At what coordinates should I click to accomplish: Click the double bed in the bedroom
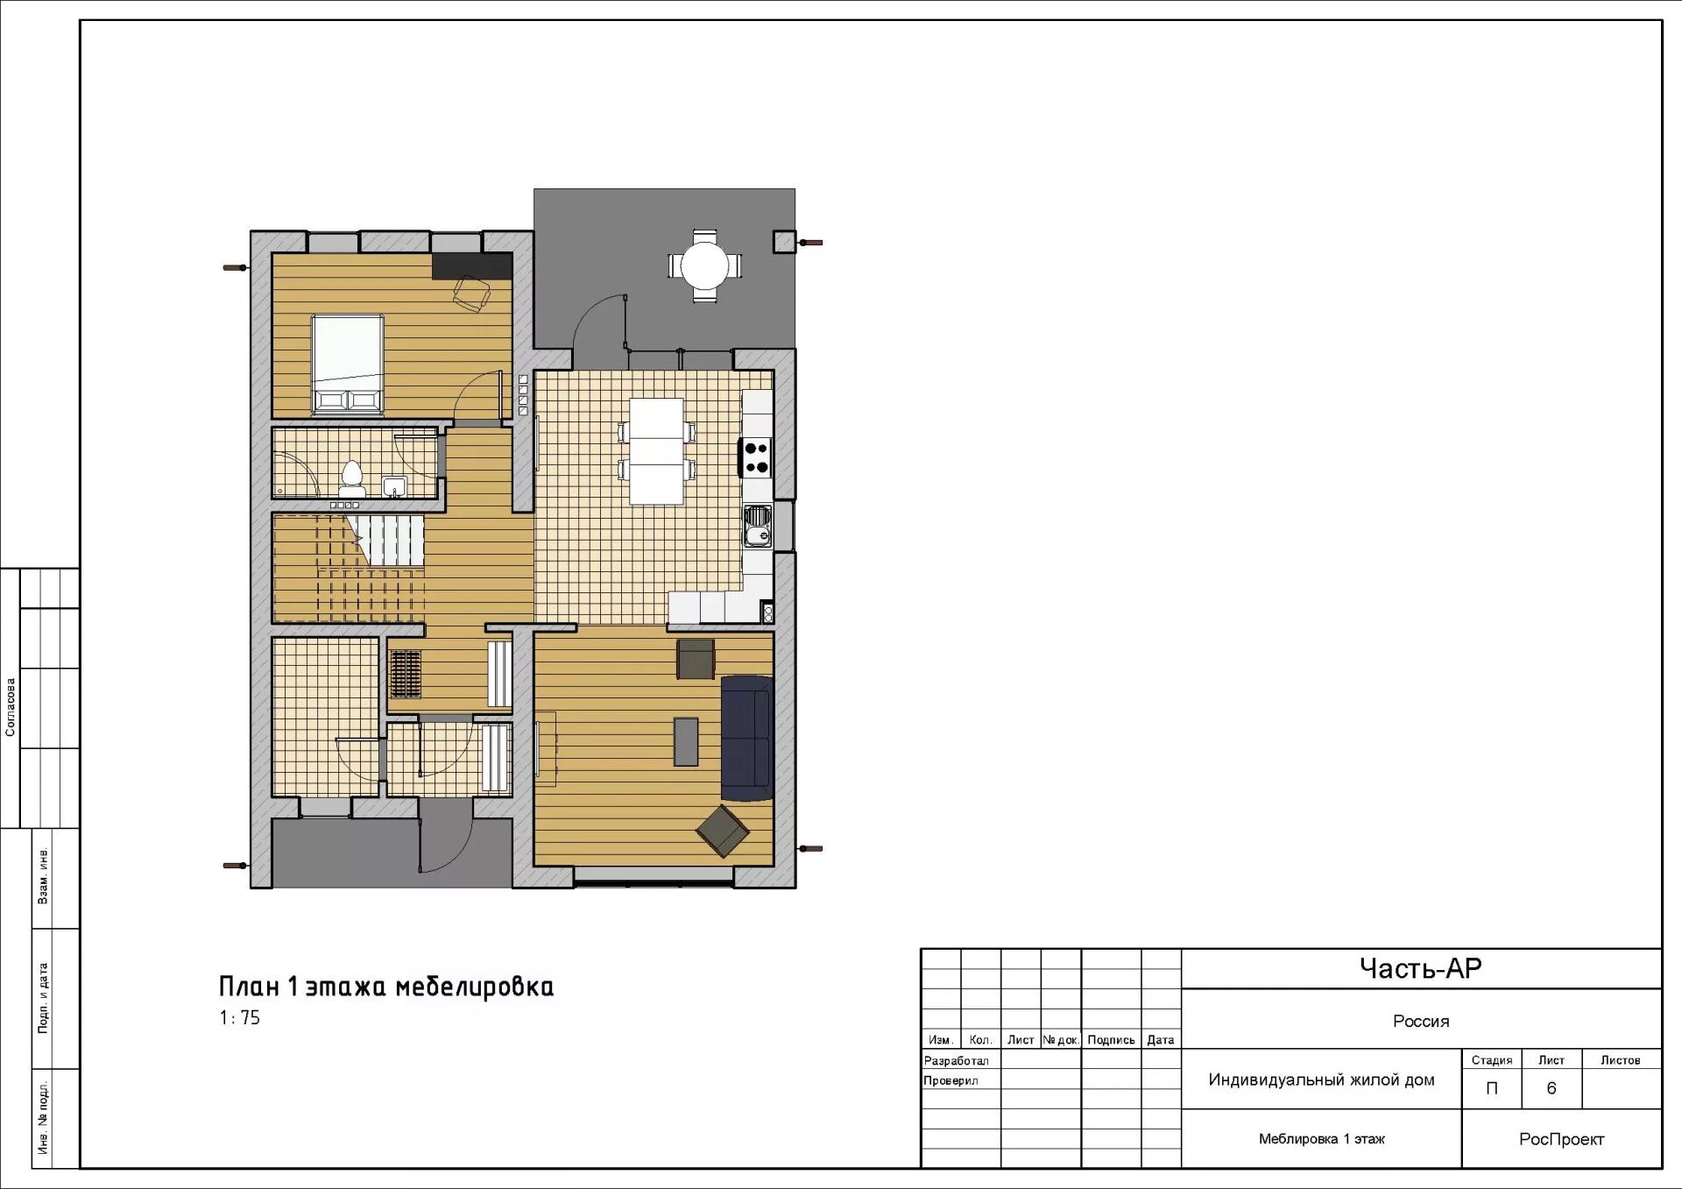348,364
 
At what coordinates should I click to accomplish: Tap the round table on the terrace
705,265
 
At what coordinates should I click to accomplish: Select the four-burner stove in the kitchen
757,457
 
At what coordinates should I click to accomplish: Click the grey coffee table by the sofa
686,741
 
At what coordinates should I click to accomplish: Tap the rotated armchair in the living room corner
723,830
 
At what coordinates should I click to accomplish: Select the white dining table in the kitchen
656,451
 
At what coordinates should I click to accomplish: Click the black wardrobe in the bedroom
472,265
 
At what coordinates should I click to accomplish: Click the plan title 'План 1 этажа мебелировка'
386,987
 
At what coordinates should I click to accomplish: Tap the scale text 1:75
239,1017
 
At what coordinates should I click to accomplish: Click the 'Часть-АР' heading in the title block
1420,968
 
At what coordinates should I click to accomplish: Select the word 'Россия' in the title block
1421,1021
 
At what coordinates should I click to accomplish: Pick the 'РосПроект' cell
1562,1139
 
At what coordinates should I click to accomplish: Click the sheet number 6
1551,1088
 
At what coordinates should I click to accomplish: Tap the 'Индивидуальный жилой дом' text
1321,1079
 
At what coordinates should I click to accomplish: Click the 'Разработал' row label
956,1060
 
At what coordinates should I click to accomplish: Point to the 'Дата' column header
1161,1040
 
